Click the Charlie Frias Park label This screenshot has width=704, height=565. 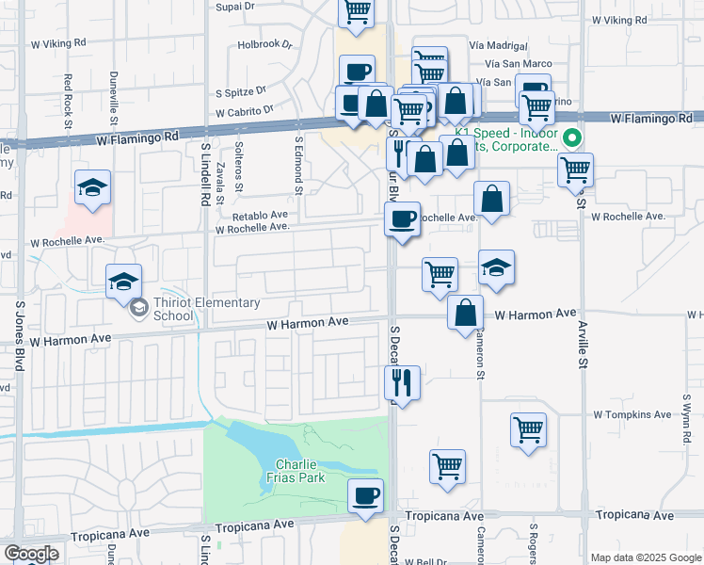pyautogui.click(x=299, y=472)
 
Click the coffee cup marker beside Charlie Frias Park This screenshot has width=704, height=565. pyautogui.click(x=365, y=496)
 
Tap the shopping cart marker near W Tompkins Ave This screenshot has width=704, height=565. pyautogui.click(x=529, y=430)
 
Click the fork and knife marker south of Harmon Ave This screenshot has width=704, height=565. pyautogui.click(x=402, y=382)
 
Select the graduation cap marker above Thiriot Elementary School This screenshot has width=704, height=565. pyautogui.click(x=123, y=281)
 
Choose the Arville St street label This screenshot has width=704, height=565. pyautogui.click(x=584, y=348)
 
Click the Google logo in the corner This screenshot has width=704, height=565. pyautogui.click(x=30, y=554)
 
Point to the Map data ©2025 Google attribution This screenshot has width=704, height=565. pyautogui.click(x=646, y=557)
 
